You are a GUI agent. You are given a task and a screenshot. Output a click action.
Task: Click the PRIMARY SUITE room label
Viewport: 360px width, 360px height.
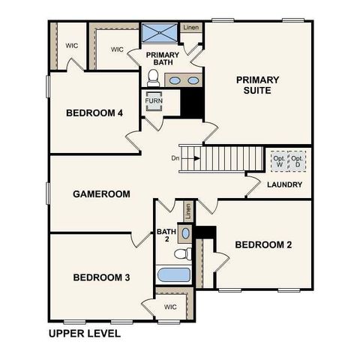click(x=257, y=85)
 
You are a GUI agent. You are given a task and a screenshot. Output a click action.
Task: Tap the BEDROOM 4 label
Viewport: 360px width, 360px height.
click(x=94, y=113)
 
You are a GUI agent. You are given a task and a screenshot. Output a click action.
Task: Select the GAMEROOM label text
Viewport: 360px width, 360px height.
click(x=101, y=193)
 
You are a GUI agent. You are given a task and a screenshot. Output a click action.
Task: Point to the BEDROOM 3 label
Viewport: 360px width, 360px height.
click(x=101, y=277)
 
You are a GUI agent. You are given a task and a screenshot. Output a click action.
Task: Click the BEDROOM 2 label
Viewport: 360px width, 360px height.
click(x=263, y=244)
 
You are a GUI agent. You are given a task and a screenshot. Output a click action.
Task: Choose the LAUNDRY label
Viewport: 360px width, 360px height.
click(x=284, y=184)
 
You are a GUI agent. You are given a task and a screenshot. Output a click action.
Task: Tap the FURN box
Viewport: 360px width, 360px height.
click(x=154, y=100)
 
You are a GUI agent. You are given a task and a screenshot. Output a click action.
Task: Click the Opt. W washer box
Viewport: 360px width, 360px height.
click(x=278, y=160)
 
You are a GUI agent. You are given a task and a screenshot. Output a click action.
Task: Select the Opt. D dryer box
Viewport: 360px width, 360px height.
click(x=298, y=160)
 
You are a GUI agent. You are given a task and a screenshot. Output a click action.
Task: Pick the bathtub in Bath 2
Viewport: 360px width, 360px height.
click(x=174, y=274)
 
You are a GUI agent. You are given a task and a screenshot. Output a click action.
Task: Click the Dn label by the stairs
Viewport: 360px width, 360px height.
click(x=175, y=158)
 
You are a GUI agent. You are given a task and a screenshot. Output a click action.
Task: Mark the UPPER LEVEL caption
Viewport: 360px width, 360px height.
click(x=83, y=333)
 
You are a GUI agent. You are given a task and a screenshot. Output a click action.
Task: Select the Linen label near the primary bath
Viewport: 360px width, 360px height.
click(x=191, y=28)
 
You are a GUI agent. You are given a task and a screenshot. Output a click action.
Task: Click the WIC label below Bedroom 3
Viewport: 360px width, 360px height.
click(x=170, y=306)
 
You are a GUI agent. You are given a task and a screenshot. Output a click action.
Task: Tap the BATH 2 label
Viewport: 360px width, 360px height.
click(x=165, y=235)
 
